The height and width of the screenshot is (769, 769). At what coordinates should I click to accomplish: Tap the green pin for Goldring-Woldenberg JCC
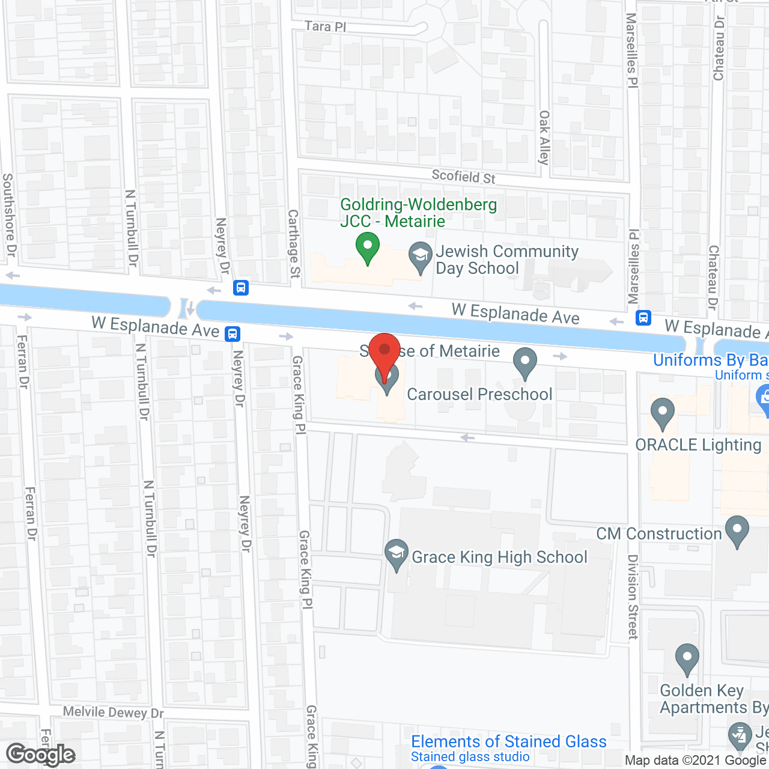367,248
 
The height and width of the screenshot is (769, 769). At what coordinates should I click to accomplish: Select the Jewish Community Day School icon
420,258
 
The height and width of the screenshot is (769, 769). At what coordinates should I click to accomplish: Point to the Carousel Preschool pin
525,363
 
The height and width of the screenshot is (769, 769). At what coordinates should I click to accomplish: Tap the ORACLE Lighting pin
663,413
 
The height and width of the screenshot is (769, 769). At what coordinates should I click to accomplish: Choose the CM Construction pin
737,531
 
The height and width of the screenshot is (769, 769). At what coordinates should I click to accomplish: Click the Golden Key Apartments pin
687,659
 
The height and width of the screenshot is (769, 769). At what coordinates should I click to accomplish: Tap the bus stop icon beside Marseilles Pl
643,317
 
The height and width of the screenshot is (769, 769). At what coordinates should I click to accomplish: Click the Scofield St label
464,176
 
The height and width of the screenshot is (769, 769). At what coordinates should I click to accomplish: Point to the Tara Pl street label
325,26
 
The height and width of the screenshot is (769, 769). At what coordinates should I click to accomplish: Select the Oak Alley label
544,137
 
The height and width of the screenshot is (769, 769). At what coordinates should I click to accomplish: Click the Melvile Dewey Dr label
113,713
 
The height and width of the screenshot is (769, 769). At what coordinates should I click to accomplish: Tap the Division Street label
633,596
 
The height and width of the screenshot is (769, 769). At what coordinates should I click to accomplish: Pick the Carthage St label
294,243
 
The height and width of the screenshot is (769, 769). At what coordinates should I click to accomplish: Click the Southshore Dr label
8,214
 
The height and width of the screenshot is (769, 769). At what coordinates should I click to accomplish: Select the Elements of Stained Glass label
508,742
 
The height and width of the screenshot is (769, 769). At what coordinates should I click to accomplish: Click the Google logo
41,755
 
